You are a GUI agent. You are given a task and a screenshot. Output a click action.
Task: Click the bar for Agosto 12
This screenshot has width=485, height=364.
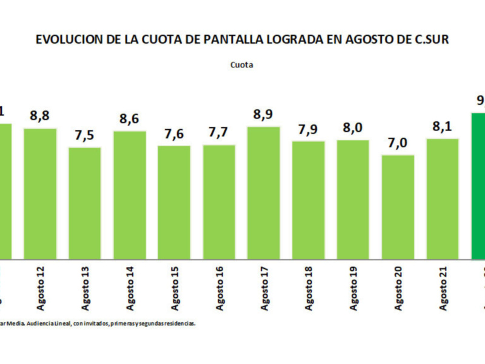pos(40,194)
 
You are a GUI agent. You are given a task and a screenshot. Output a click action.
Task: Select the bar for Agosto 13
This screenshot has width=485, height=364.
pos(84,203)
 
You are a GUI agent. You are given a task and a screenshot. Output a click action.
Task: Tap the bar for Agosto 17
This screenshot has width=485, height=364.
pos(264,193)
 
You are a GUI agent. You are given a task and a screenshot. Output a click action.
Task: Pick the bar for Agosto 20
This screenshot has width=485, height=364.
pos(398,207)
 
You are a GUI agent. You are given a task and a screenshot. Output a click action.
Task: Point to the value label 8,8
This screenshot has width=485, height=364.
pos(40,116)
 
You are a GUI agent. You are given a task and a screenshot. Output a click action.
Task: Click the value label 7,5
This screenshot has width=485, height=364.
pos(84,135)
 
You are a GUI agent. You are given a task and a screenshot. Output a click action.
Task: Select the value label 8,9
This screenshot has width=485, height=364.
pos(264,115)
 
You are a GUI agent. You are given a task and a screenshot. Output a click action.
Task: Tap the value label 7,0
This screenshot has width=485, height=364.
pos(398,143)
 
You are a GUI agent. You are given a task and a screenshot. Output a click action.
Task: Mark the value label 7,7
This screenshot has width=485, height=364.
pos(219,133)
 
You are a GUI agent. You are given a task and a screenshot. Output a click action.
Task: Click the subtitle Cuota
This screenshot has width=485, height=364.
pos(241,64)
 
